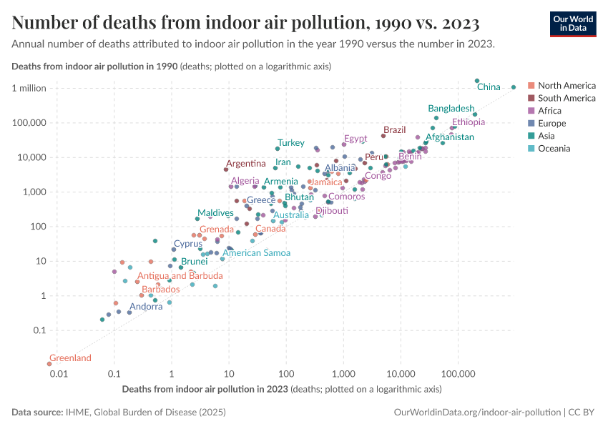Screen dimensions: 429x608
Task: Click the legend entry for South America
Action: (x=566, y=98)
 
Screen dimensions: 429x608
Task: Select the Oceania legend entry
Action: (x=554, y=149)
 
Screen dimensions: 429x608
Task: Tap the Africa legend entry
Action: (x=549, y=111)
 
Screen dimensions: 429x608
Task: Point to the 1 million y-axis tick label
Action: (x=29, y=88)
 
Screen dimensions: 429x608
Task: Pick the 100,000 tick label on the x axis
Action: (x=458, y=375)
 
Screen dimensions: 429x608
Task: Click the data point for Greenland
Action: (x=49, y=364)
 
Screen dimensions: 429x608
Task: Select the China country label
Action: (x=489, y=87)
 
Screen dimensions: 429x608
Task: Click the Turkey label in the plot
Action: (x=291, y=143)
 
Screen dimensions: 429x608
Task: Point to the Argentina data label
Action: (x=246, y=164)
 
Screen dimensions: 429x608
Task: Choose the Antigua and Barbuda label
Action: (x=180, y=276)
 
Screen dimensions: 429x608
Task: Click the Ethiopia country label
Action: (x=469, y=122)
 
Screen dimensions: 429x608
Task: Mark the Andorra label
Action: (x=146, y=307)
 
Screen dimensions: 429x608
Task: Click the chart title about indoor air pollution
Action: (x=245, y=23)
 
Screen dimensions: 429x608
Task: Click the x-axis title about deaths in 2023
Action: (x=282, y=390)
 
